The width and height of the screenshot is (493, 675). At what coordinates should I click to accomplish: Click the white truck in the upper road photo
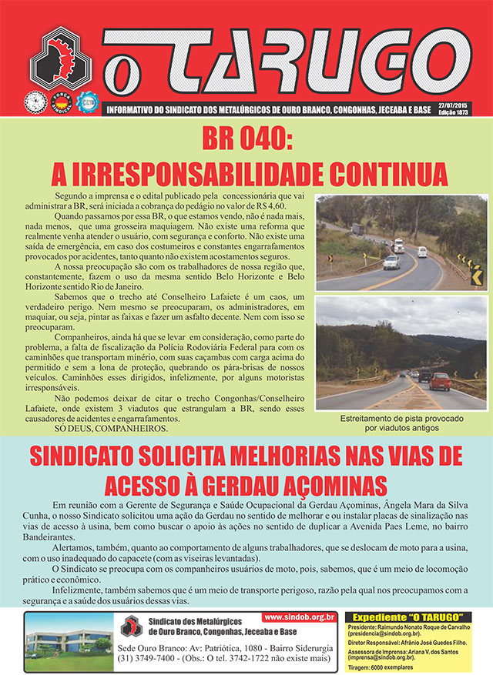[x=398, y=246]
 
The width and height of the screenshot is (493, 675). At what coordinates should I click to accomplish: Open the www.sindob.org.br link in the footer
[x=300, y=617]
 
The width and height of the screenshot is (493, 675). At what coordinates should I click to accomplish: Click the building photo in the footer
[x=68, y=641]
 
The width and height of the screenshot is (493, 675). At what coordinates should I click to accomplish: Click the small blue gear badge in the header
[x=90, y=101]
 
